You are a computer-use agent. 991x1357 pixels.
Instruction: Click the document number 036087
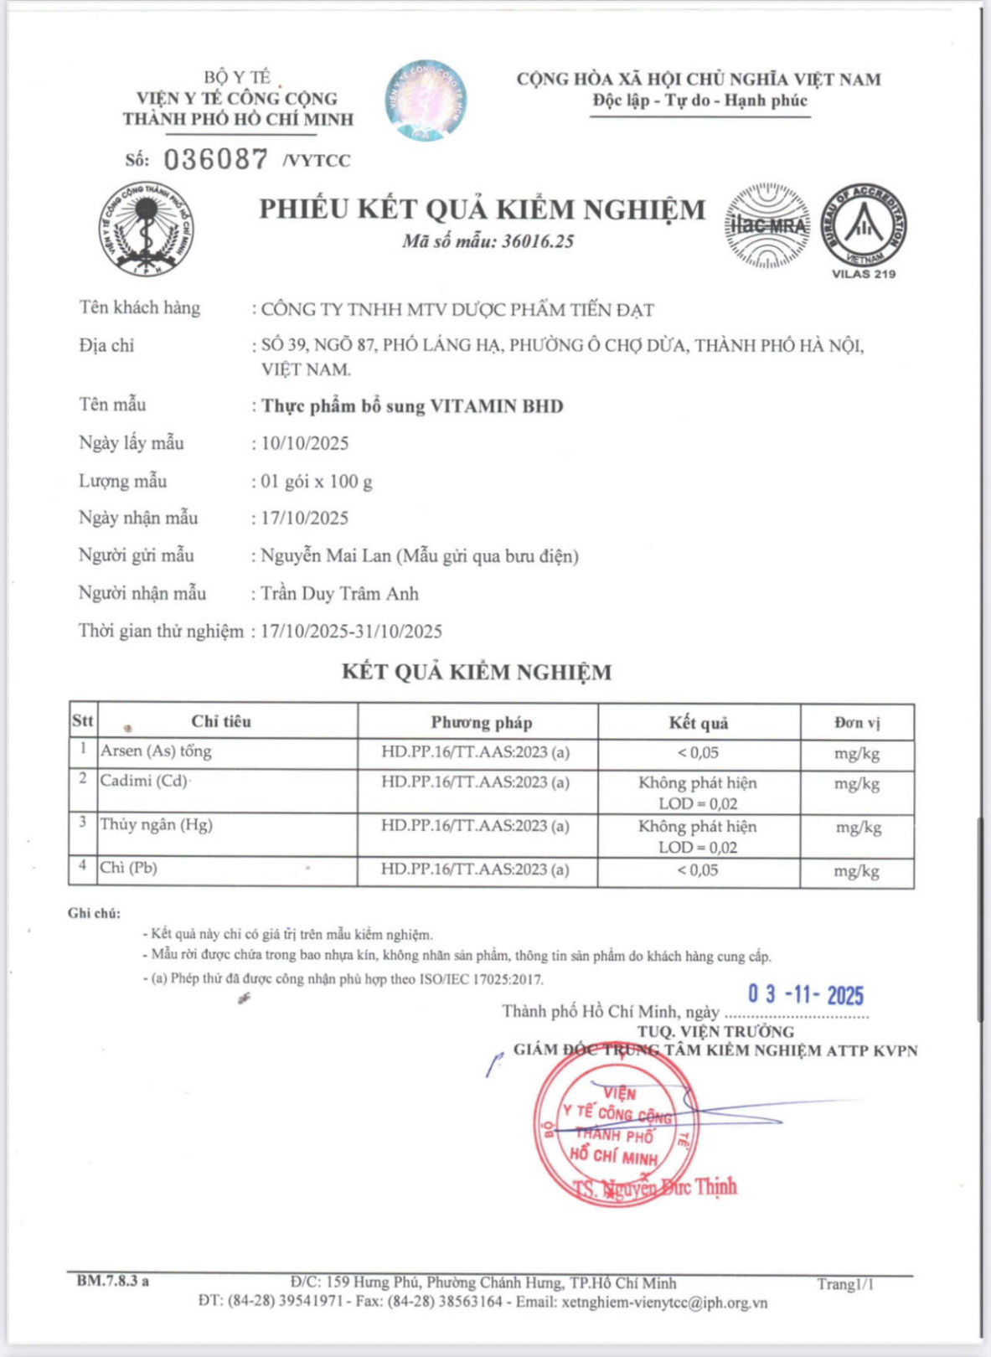click(x=215, y=159)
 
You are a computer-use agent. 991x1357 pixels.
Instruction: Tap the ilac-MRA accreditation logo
click(x=767, y=225)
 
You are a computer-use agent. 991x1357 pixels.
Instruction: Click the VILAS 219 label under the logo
click(x=864, y=274)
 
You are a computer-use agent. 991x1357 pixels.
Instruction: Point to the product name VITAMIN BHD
click(x=496, y=406)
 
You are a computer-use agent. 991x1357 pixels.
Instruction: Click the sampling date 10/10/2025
click(x=305, y=443)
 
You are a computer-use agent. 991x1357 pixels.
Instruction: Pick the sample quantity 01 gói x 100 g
click(x=317, y=482)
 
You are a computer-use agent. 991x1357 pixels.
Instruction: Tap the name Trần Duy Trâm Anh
click(x=339, y=594)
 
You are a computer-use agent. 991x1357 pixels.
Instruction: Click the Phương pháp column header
click(x=481, y=722)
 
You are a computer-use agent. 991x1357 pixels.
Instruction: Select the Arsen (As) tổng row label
click(x=156, y=751)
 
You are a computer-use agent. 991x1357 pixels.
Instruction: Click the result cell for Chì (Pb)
click(x=698, y=870)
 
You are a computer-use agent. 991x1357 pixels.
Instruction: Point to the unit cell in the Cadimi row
click(x=856, y=784)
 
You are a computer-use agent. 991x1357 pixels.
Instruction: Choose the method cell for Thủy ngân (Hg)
click(x=475, y=826)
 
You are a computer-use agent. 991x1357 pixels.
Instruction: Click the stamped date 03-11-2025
click(x=805, y=994)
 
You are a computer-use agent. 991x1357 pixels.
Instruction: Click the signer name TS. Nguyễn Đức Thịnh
click(x=654, y=1187)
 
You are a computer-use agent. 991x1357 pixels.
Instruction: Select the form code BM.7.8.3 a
click(x=113, y=1281)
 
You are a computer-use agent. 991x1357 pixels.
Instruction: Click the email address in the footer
click(x=665, y=1303)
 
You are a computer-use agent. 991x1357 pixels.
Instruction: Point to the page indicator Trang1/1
click(x=845, y=1284)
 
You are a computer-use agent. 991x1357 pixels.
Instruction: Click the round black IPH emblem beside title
click(x=146, y=228)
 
